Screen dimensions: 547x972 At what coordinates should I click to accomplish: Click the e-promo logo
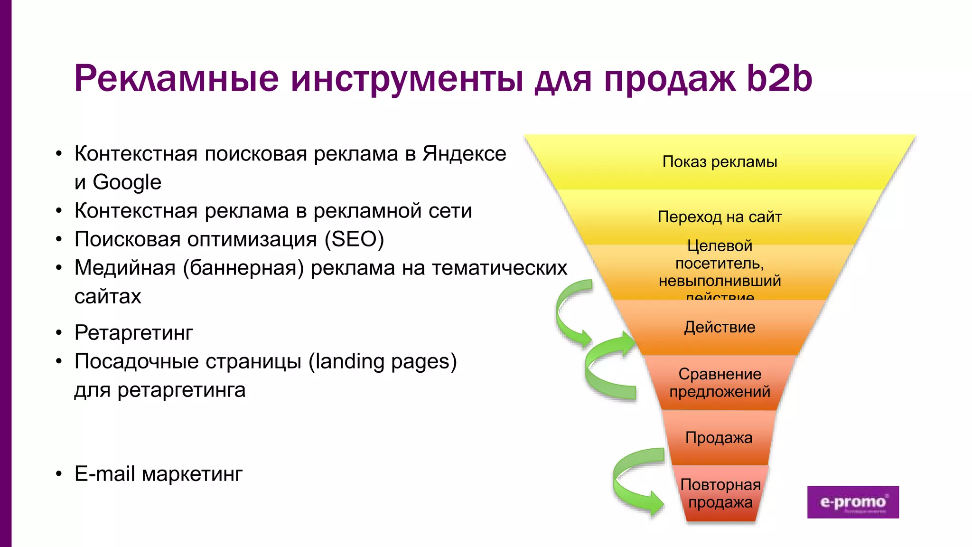pos(853,502)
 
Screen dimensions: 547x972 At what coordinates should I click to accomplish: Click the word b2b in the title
pos(779,78)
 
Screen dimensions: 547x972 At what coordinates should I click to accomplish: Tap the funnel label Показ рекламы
pos(720,162)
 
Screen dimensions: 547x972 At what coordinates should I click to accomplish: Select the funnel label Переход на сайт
pos(720,217)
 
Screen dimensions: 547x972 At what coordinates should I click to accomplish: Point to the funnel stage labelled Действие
pos(720,327)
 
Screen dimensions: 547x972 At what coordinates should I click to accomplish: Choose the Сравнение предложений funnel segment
pos(720,383)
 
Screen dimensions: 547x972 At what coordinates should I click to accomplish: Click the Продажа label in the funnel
pos(719,437)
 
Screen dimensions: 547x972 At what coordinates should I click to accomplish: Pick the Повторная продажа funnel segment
pos(720,493)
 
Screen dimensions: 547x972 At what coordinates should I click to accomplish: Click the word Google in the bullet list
pos(127,182)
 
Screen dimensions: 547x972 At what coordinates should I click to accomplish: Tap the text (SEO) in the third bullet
pos(354,239)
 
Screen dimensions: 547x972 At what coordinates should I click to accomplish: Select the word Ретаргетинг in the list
pos(134,333)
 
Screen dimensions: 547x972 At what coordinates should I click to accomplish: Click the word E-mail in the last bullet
pos(104,474)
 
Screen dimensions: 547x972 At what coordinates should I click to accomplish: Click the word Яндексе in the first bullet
pos(464,154)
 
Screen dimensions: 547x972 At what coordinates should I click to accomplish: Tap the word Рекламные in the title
pos(176,78)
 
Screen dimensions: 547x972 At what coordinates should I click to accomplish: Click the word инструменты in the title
pos(407,79)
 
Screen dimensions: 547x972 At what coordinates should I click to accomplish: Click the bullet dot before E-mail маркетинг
pos(58,474)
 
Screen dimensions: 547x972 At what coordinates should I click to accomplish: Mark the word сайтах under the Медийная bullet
pos(108,297)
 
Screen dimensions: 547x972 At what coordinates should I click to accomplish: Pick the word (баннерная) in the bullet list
pos(243,268)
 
